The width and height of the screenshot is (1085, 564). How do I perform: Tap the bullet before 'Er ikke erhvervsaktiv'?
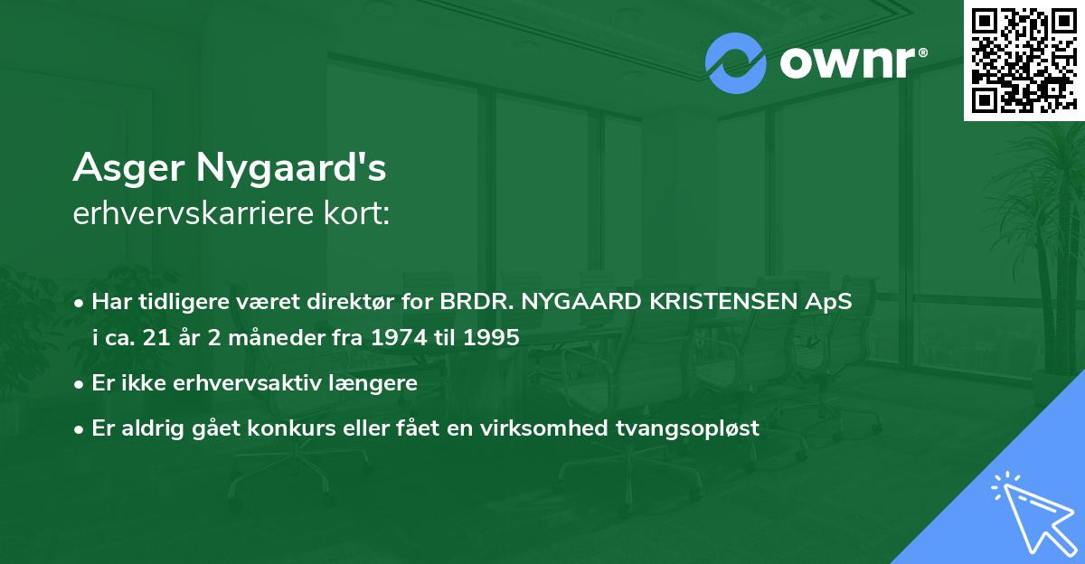(80, 383)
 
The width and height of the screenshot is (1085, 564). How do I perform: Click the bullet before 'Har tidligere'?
(80, 303)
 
